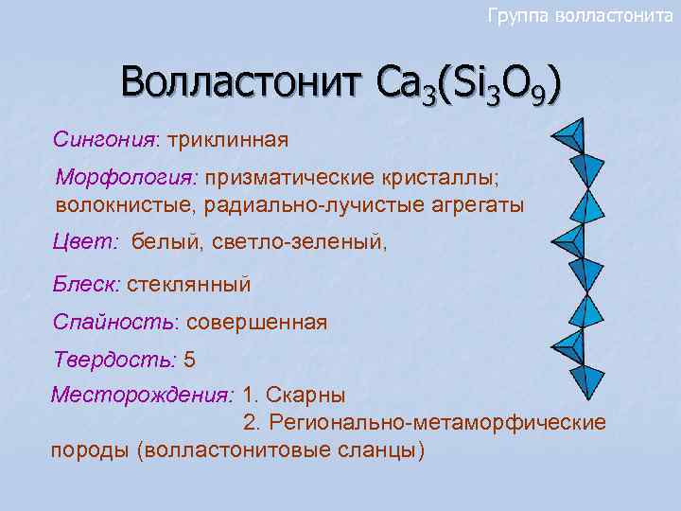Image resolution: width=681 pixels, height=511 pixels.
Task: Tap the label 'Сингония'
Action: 104,140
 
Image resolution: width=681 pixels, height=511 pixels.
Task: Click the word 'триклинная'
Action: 227,140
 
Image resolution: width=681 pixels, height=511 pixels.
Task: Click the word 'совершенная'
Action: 256,322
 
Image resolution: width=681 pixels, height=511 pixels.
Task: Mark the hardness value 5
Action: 189,360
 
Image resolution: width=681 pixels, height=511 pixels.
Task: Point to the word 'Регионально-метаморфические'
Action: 435,421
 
